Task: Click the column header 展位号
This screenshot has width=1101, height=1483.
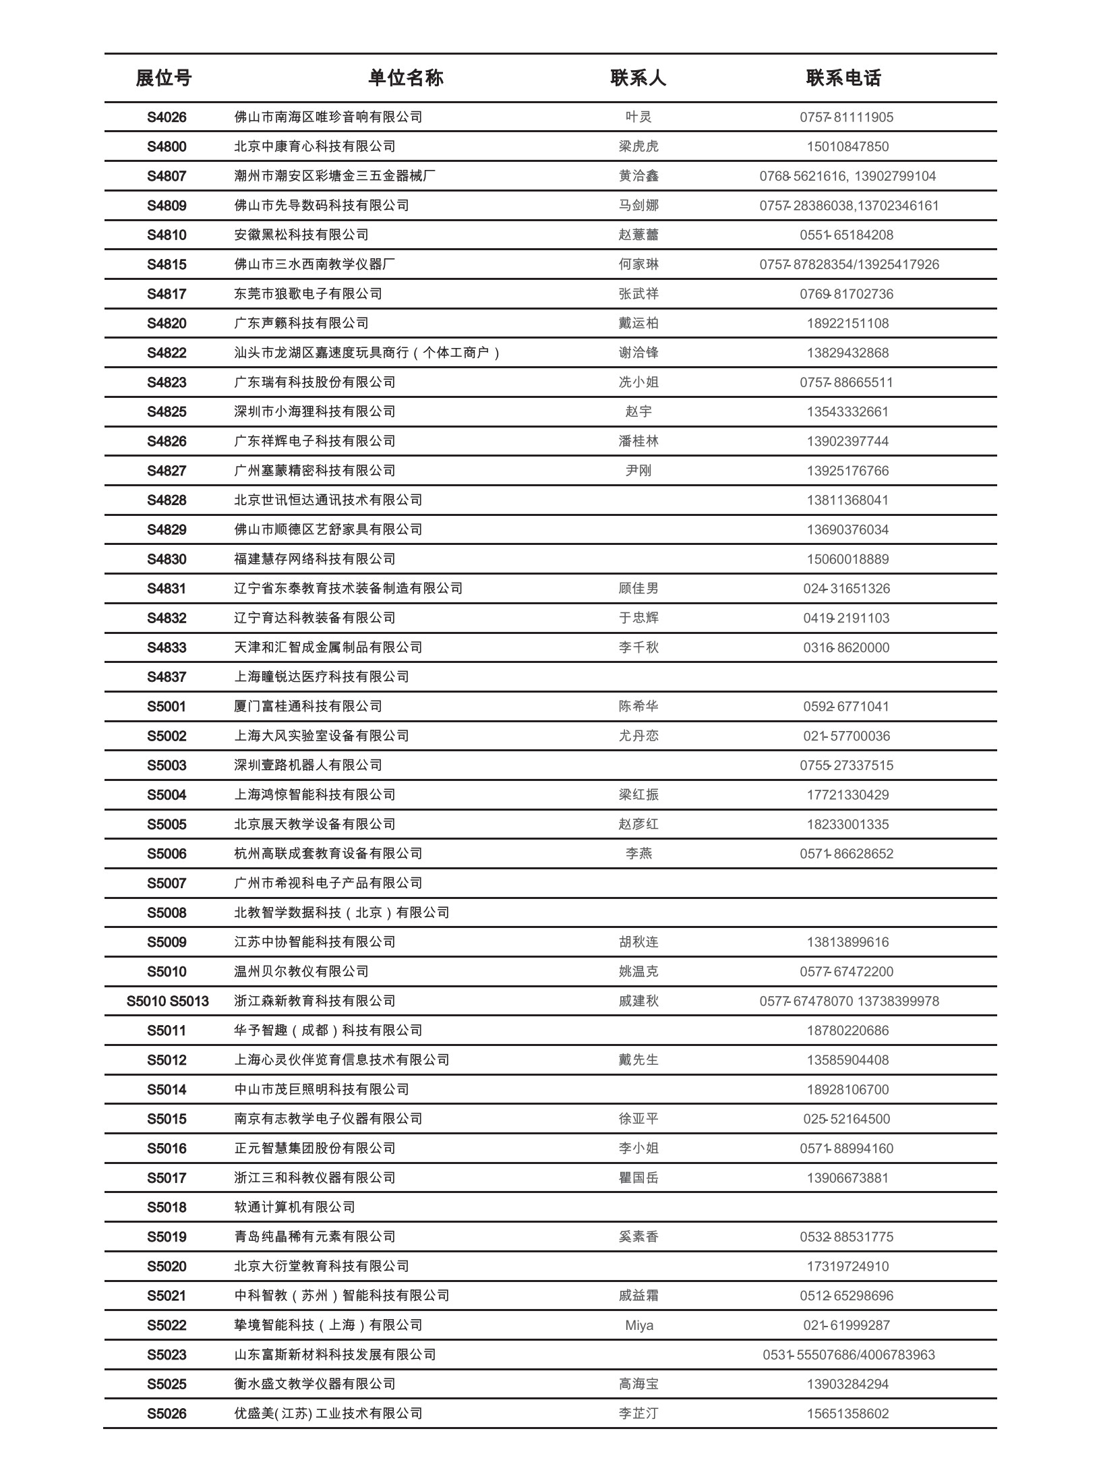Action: point(164,78)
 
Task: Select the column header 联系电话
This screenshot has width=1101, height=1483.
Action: point(843,78)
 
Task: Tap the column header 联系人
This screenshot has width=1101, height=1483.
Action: point(638,78)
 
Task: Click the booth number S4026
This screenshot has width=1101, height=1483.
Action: point(167,117)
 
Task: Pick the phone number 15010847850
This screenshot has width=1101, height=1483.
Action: point(847,147)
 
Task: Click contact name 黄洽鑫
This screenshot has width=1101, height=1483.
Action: point(638,176)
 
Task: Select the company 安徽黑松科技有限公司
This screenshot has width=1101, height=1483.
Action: point(301,235)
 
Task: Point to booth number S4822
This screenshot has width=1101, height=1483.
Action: point(167,353)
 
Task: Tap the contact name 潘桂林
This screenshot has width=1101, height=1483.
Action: point(638,442)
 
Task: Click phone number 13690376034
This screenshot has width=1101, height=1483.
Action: point(847,530)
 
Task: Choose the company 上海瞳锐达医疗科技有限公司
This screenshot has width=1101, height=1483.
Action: point(322,677)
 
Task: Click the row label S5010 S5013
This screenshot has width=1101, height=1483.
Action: point(167,1001)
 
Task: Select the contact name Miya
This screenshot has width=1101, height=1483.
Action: point(638,1325)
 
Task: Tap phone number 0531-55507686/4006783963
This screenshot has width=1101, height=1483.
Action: point(848,1355)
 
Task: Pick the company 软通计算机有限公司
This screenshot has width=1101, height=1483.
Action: point(295,1207)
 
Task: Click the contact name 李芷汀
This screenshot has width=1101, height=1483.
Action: point(638,1414)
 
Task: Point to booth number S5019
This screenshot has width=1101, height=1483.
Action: point(167,1237)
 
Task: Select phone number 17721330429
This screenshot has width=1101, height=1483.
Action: point(847,795)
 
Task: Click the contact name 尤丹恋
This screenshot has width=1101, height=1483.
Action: point(638,736)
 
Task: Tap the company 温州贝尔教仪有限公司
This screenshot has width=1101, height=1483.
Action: point(301,972)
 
